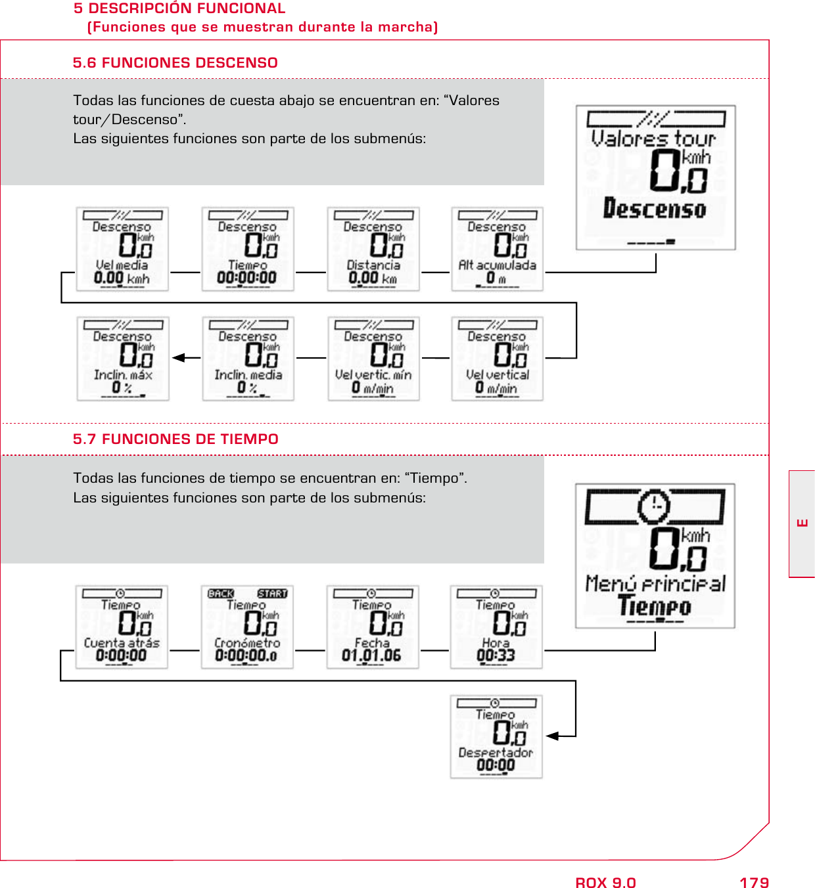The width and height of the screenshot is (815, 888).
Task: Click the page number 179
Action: pos(754,882)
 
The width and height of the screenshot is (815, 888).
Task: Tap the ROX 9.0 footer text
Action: pos(605,882)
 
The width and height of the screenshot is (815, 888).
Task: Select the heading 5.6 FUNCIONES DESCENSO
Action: pos(175,63)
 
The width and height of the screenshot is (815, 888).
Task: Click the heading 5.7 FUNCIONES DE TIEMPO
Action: pos(175,439)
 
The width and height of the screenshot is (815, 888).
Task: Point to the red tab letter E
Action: pos(802,523)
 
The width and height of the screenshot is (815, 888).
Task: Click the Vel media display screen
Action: pos(122,249)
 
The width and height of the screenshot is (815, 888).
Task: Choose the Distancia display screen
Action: pos(373,249)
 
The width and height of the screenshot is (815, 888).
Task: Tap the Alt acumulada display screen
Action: pos(497,249)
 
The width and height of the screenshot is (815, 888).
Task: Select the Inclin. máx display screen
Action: pos(123,359)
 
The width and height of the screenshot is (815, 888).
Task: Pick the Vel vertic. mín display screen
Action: pos(373,359)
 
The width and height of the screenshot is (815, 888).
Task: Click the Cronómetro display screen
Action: pos(247,627)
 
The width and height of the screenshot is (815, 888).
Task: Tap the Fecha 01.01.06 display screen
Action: pos(372,627)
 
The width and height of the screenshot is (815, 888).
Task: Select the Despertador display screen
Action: pos(496,737)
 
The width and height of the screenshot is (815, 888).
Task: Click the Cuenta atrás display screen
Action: pos(122,627)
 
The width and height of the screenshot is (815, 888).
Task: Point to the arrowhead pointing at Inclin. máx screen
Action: pos(177,358)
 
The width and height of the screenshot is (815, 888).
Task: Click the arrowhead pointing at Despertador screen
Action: pos(552,736)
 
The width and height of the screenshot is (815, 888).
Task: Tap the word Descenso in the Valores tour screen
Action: pos(655,209)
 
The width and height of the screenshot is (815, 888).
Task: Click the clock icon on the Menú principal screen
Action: pos(654,506)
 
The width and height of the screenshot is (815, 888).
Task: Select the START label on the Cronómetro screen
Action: pos(272,594)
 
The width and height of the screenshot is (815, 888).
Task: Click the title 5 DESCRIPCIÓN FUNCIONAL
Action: pos(179,9)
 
